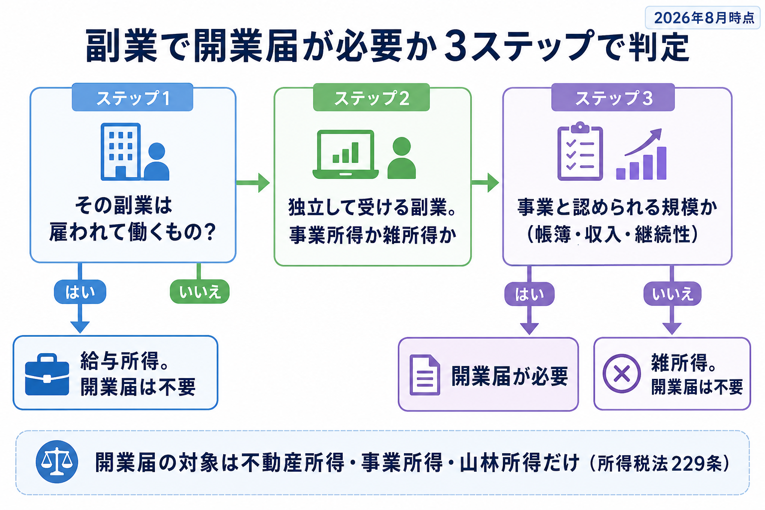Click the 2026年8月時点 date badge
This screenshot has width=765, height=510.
[x=702, y=18]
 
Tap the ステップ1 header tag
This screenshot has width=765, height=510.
[x=132, y=97]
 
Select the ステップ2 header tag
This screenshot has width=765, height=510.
[x=371, y=97]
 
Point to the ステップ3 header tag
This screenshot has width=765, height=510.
[x=613, y=97]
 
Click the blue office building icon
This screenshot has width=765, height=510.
[x=121, y=152]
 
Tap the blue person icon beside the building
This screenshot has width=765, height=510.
[x=156, y=161]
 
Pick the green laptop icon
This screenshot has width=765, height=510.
[x=346, y=154]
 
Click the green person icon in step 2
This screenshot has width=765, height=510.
[x=401, y=158]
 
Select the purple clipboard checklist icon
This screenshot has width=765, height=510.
[x=580, y=151]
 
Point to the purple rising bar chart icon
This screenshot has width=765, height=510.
[x=641, y=154]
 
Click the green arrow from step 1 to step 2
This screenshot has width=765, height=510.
[x=253, y=183]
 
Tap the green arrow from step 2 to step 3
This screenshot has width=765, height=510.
[x=485, y=183]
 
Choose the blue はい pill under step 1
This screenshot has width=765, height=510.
[x=80, y=292]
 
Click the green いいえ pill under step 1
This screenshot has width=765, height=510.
[x=200, y=292]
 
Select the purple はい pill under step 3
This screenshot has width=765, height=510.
[x=529, y=294]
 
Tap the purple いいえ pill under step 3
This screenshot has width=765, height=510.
[x=672, y=294]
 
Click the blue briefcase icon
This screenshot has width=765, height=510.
[x=47, y=375]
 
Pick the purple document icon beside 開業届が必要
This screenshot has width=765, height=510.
[x=425, y=375]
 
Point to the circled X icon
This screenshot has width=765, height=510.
[x=622, y=374]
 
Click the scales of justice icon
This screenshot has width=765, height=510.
[x=57, y=462]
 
